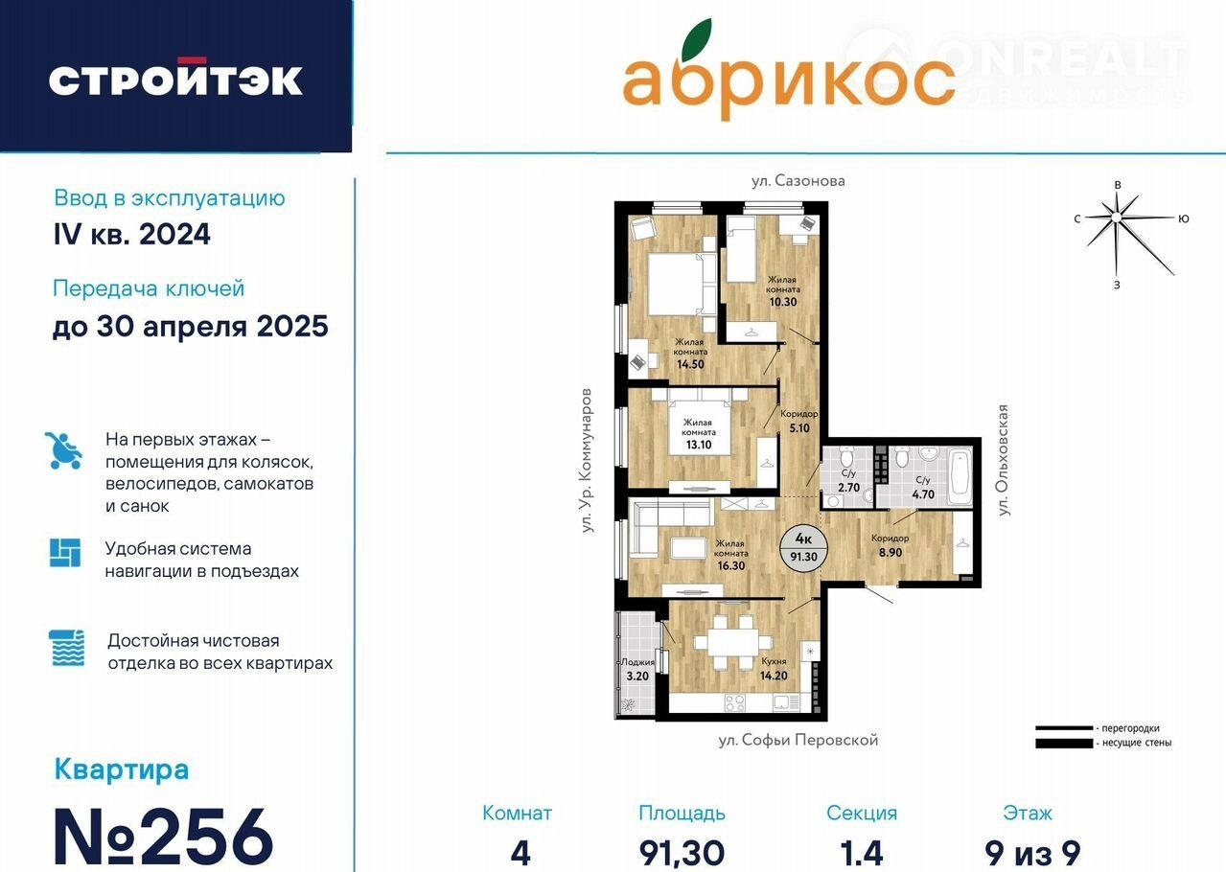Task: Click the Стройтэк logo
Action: tap(175, 77)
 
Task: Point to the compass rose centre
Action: tap(1117, 218)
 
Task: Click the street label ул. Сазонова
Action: tap(798, 181)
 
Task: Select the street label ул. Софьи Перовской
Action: tap(798, 740)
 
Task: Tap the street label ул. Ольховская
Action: tap(1003, 460)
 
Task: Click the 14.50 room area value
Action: tap(690, 364)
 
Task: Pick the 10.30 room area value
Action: tap(783, 302)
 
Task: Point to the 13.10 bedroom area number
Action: tap(699, 445)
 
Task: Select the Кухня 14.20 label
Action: tap(774, 669)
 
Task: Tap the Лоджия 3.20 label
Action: tap(637, 670)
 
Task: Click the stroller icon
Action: tap(63, 450)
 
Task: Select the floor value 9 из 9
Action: tap(1032, 853)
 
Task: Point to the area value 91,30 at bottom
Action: tap(682, 853)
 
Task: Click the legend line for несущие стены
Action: tap(1063, 744)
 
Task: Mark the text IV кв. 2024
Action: tap(132, 234)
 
